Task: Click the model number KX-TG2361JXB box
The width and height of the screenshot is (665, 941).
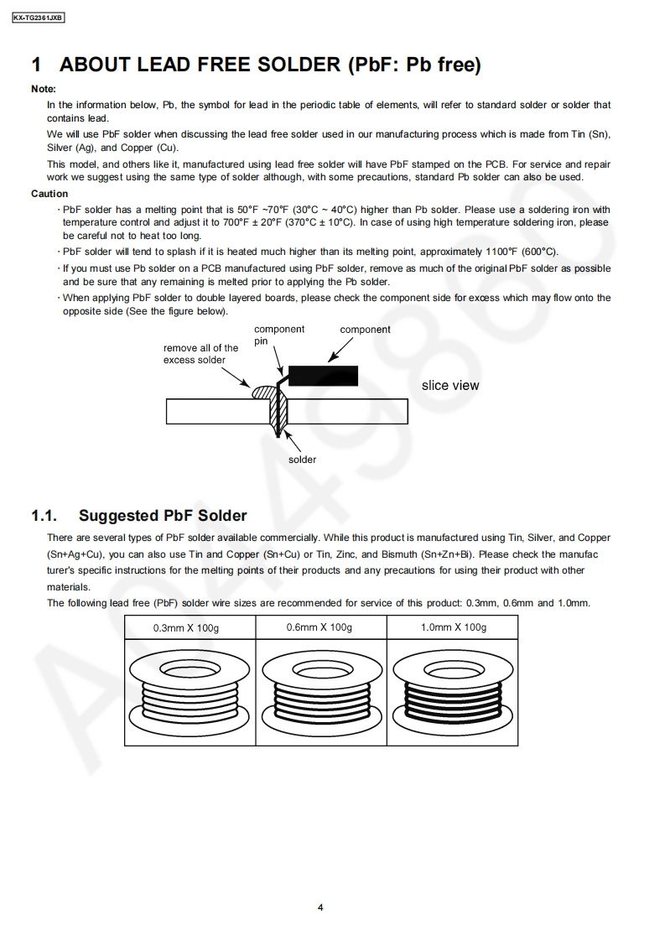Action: [39, 17]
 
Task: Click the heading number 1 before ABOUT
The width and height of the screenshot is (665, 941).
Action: [36, 65]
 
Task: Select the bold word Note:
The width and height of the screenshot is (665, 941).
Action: [44, 89]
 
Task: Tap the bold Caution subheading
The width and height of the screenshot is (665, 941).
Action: [49, 194]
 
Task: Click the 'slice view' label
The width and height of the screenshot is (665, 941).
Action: [450, 386]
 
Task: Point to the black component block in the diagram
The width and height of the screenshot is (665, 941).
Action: [323, 375]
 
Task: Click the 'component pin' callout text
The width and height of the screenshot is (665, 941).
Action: [278, 335]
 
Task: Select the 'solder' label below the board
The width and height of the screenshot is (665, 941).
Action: [303, 460]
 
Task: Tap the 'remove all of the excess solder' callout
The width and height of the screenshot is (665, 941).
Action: [200, 354]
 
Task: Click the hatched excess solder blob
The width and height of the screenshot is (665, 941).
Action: [263, 392]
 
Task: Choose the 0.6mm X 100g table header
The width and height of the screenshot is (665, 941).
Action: [320, 627]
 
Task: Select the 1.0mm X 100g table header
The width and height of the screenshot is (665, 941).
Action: [453, 627]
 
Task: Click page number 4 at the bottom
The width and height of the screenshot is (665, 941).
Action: [321, 907]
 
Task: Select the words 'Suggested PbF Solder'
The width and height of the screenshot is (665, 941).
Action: [163, 516]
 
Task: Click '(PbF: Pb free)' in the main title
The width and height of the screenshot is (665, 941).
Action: [413, 65]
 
